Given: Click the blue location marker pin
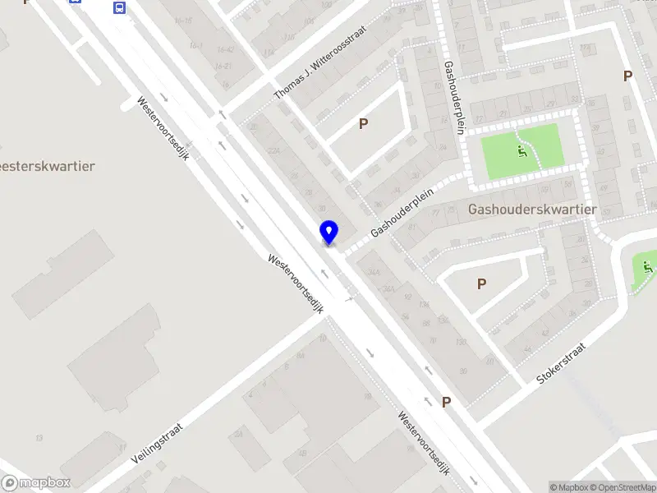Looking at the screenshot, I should (328, 233).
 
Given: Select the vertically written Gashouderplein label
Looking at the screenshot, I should (453, 98).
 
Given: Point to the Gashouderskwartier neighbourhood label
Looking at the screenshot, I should (531, 210).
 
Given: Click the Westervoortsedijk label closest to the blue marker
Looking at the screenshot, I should (296, 282).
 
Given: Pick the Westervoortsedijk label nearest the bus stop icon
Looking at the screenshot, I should (163, 129).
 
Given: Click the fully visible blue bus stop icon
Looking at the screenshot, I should (120, 8).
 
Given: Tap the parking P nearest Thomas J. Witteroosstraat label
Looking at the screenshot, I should (363, 124).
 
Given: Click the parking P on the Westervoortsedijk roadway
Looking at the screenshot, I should (447, 402).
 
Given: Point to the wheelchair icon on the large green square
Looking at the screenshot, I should (520, 151).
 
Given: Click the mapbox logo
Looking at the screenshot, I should (36, 483).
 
